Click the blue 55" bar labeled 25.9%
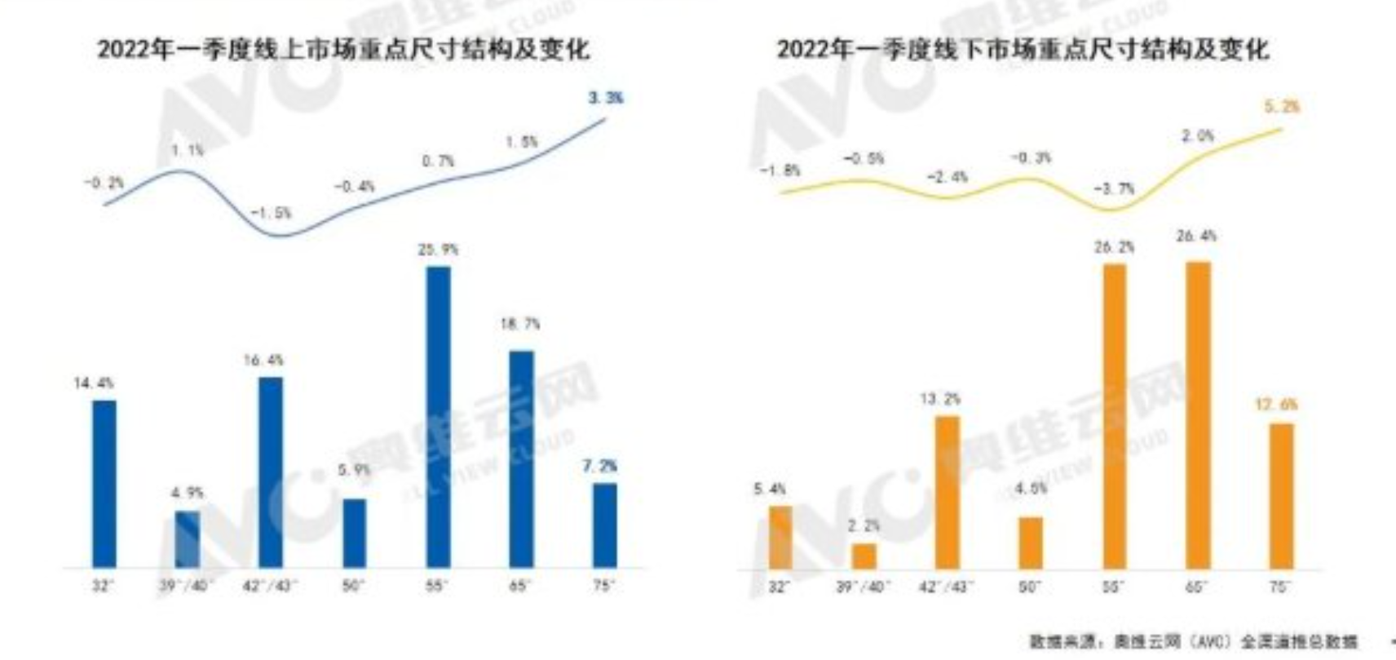tap(438, 416)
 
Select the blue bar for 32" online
tap(104, 483)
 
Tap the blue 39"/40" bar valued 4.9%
tap(188, 538)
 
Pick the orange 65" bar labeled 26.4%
tap(1198, 414)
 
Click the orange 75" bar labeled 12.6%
tap(1282, 495)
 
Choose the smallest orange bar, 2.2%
tap(864, 556)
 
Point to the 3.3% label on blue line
tap(605, 98)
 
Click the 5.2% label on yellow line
tap(1282, 107)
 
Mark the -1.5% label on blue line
tap(271, 213)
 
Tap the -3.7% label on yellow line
tap(1113, 188)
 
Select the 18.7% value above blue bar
tap(520, 324)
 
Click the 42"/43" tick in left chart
tap(271, 586)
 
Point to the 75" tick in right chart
tap(1280, 587)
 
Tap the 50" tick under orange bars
tap(1030, 587)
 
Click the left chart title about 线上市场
tap(342, 49)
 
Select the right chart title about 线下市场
tap(1023, 50)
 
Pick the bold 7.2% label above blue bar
tap(599, 466)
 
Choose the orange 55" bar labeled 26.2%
tap(1114, 416)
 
